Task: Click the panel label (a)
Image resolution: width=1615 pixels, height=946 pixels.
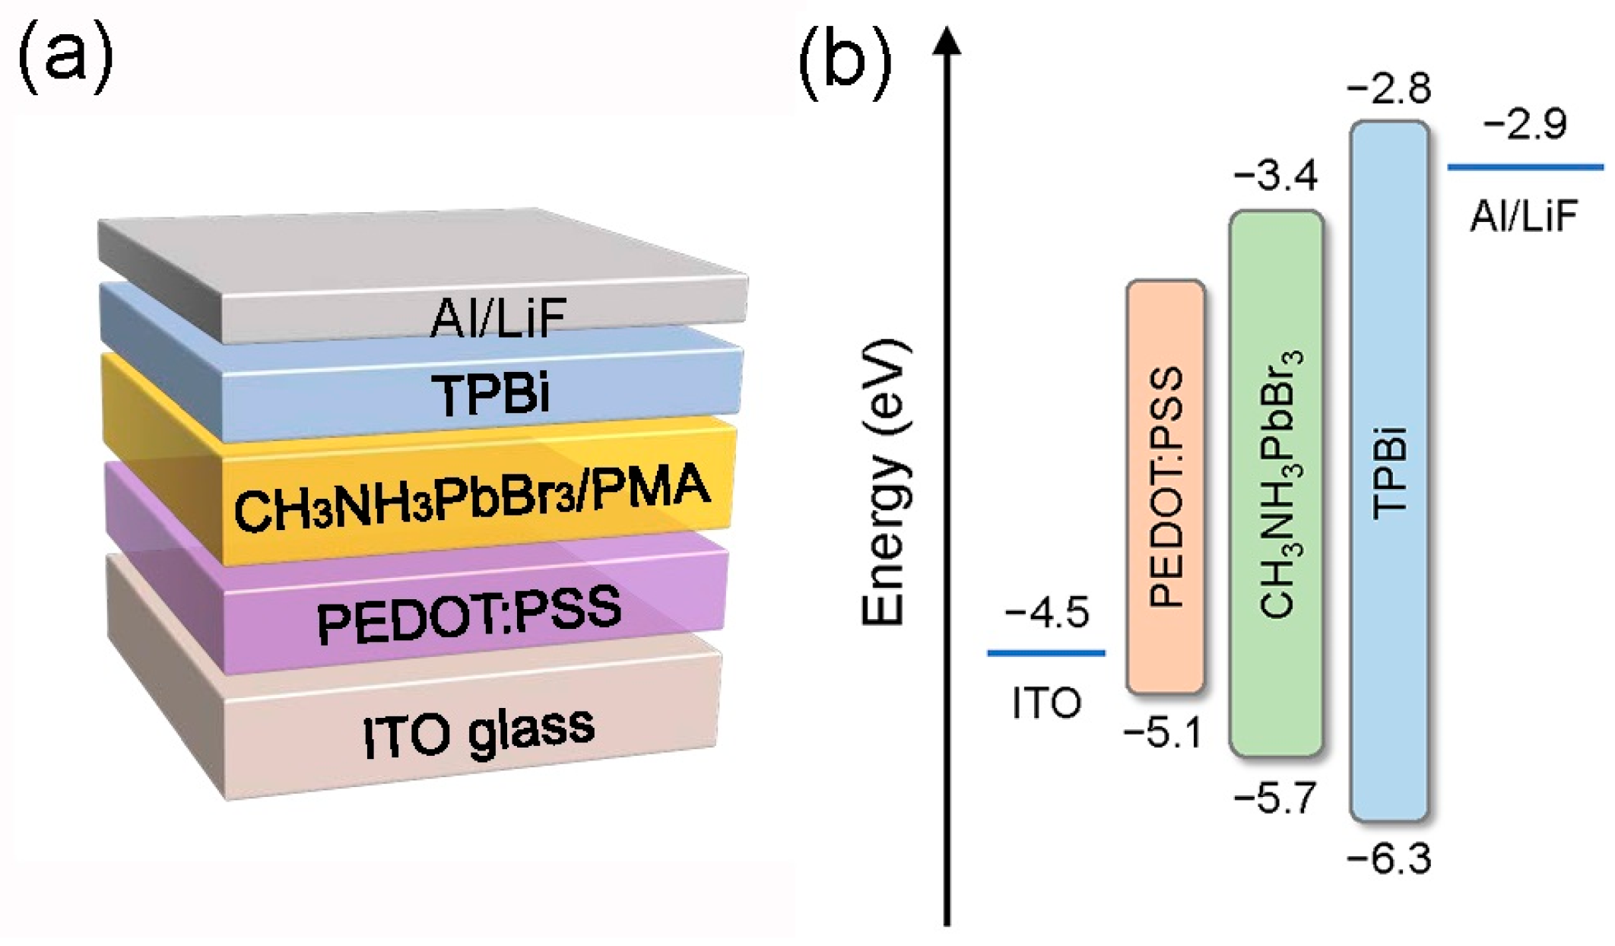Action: (x=65, y=58)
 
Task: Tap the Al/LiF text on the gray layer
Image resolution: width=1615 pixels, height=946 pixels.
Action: (x=498, y=318)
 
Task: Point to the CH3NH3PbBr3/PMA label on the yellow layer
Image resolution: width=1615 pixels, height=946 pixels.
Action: (x=471, y=498)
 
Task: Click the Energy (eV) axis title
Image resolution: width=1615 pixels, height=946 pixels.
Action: (x=884, y=484)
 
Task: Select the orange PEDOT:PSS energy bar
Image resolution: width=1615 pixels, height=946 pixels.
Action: (x=1165, y=487)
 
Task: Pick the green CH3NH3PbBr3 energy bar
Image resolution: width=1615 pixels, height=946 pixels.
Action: (x=1276, y=484)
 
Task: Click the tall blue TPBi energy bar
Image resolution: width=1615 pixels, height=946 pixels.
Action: (x=1388, y=471)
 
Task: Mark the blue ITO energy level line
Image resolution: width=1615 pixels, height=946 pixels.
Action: (x=1045, y=652)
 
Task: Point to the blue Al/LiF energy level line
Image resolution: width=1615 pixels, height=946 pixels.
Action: (x=1525, y=167)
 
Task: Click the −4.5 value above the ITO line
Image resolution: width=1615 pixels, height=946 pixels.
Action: (x=1046, y=612)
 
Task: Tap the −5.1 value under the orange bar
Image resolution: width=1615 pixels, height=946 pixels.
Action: (x=1162, y=733)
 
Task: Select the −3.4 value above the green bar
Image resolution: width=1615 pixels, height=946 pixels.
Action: (x=1275, y=176)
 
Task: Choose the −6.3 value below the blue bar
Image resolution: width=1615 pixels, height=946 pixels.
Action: (x=1388, y=859)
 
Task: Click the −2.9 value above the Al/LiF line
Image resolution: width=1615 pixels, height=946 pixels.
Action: (x=1525, y=124)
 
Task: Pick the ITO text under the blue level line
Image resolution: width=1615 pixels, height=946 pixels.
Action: (x=1046, y=703)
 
